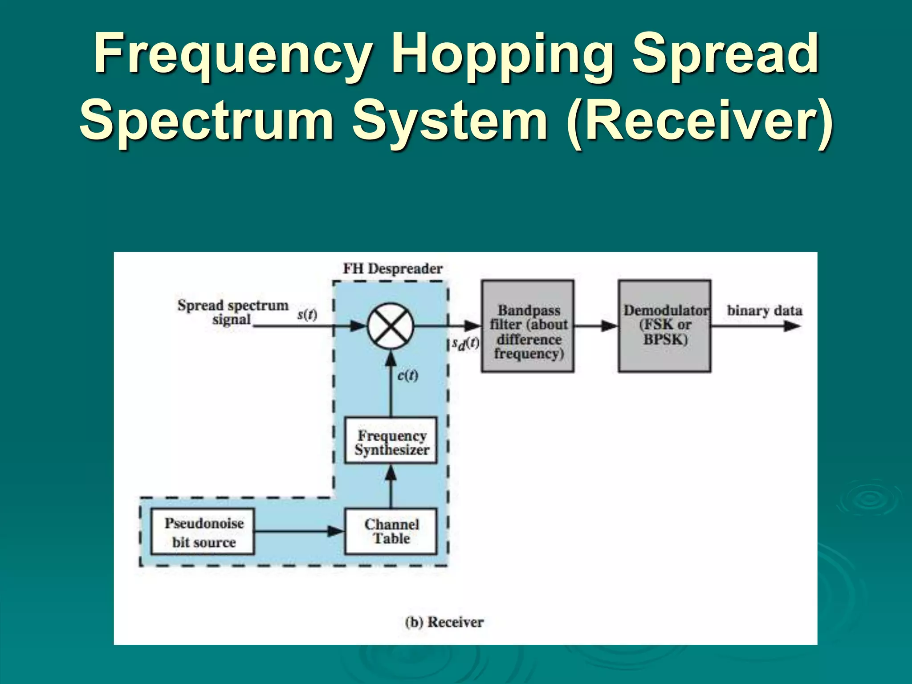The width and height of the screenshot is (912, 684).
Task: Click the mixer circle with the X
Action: click(x=391, y=326)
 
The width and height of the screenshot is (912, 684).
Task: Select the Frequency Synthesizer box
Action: click(x=391, y=440)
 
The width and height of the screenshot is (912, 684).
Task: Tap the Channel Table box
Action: click(x=391, y=531)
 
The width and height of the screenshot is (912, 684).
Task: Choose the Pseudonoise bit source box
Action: click(x=203, y=532)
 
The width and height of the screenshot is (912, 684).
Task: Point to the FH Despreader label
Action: click(x=392, y=269)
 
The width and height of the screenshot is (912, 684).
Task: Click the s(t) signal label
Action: click(x=307, y=315)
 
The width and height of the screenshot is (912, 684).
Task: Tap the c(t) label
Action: click(x=407, y=375)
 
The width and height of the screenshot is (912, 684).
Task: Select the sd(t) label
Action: click(x=465, y=343)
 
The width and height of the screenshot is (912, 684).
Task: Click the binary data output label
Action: click(x=765, y=311)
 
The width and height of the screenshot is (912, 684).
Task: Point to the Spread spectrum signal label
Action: click(x=232, y=312)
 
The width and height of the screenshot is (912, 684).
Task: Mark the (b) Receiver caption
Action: click(x=444, y=622)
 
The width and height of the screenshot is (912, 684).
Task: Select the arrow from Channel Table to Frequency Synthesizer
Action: click(x=391, y=486)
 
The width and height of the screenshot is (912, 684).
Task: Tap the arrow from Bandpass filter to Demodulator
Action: click(x=596, y=326)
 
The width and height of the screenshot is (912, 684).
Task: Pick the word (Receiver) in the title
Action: click(x=699, y=121)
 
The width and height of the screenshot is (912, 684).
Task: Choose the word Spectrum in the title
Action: click(x=207, y=121)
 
